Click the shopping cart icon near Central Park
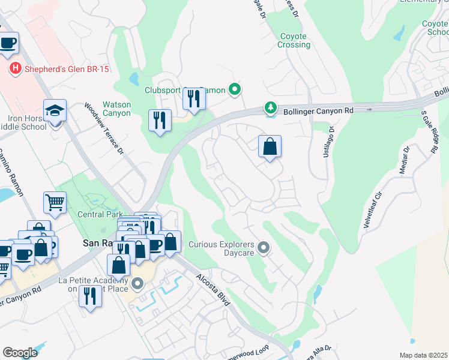pos(55,203)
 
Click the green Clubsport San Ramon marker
pos(235,90)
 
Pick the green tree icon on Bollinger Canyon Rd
pos(271,108)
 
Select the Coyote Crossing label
pos(294,40)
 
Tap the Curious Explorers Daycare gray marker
pos(263,247)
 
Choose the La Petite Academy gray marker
pos(137,283)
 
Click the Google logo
pos(20,352)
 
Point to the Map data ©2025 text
pos(423,355)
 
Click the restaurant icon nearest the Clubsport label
pos(194,98)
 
